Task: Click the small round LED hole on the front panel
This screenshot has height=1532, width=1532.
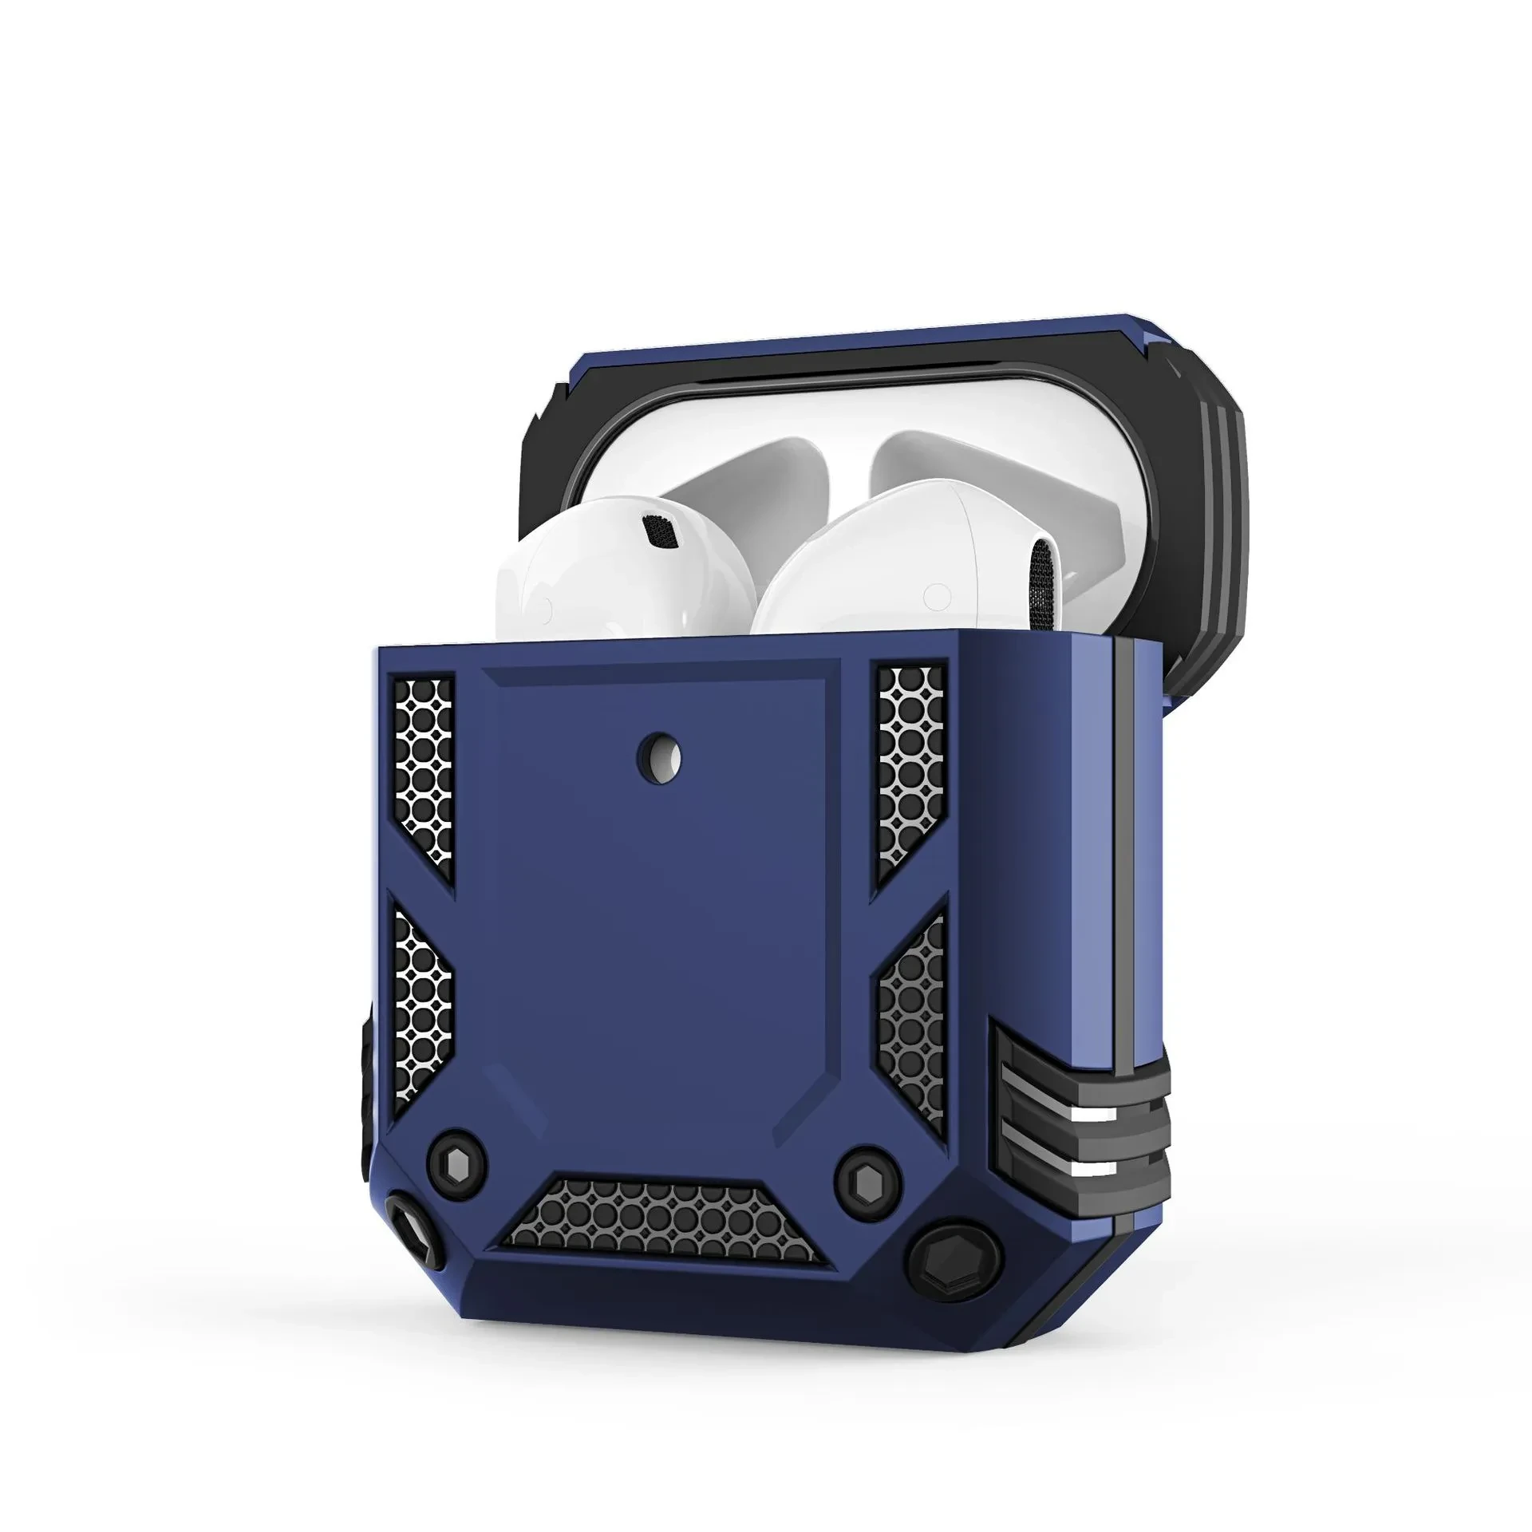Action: click(x=661, y=753)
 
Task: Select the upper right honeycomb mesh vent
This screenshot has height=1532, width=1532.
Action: click(x=910, y=771)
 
